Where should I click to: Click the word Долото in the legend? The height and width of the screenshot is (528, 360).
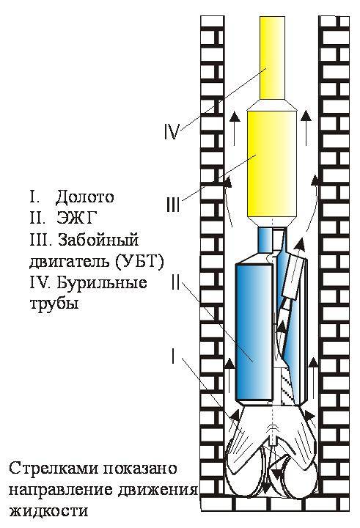point(85,197)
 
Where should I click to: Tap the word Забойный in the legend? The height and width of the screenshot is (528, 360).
point(99,240)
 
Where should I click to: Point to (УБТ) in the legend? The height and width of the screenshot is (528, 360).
point(139,262)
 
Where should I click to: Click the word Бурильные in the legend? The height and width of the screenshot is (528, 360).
point(102,282)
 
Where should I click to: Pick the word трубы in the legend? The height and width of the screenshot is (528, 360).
point(54,304)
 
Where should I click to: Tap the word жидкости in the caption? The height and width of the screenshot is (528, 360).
point(48,511)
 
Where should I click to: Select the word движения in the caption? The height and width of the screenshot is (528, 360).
point(158,490)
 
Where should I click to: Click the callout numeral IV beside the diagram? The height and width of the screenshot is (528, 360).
point(171,132)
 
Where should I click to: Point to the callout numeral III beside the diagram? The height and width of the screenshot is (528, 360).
point(173,205)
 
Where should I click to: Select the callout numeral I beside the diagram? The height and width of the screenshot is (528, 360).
point(173,356)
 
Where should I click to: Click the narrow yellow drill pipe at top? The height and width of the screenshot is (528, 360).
point(273,58)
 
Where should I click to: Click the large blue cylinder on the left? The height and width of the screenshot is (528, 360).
point(254,331)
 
